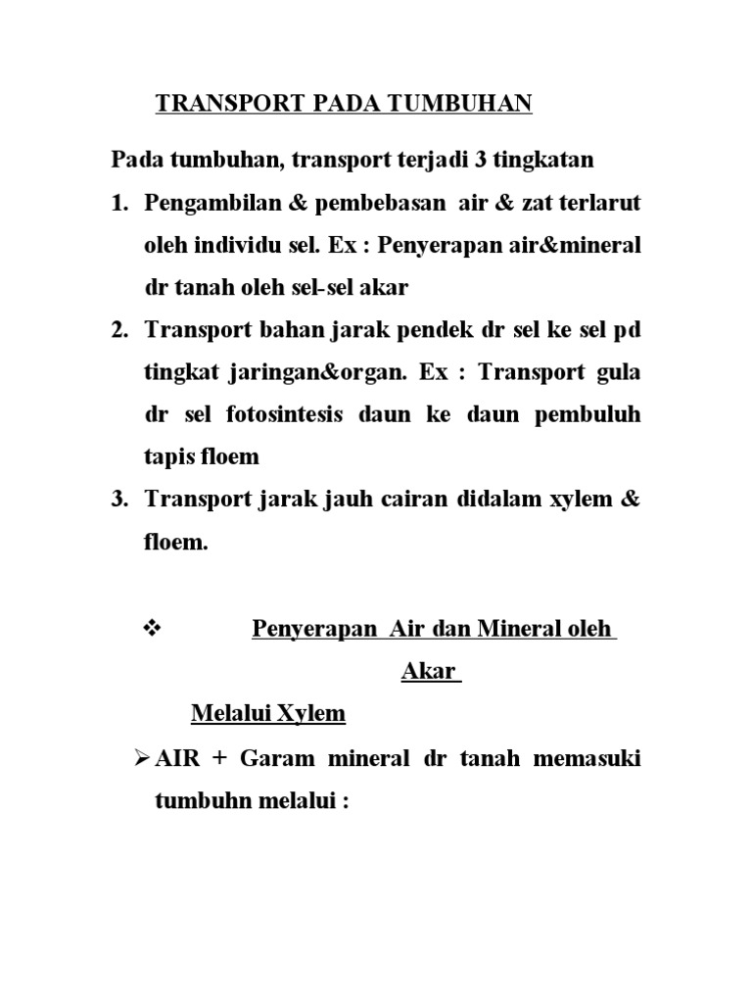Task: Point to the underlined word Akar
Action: (x=429, y=672)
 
